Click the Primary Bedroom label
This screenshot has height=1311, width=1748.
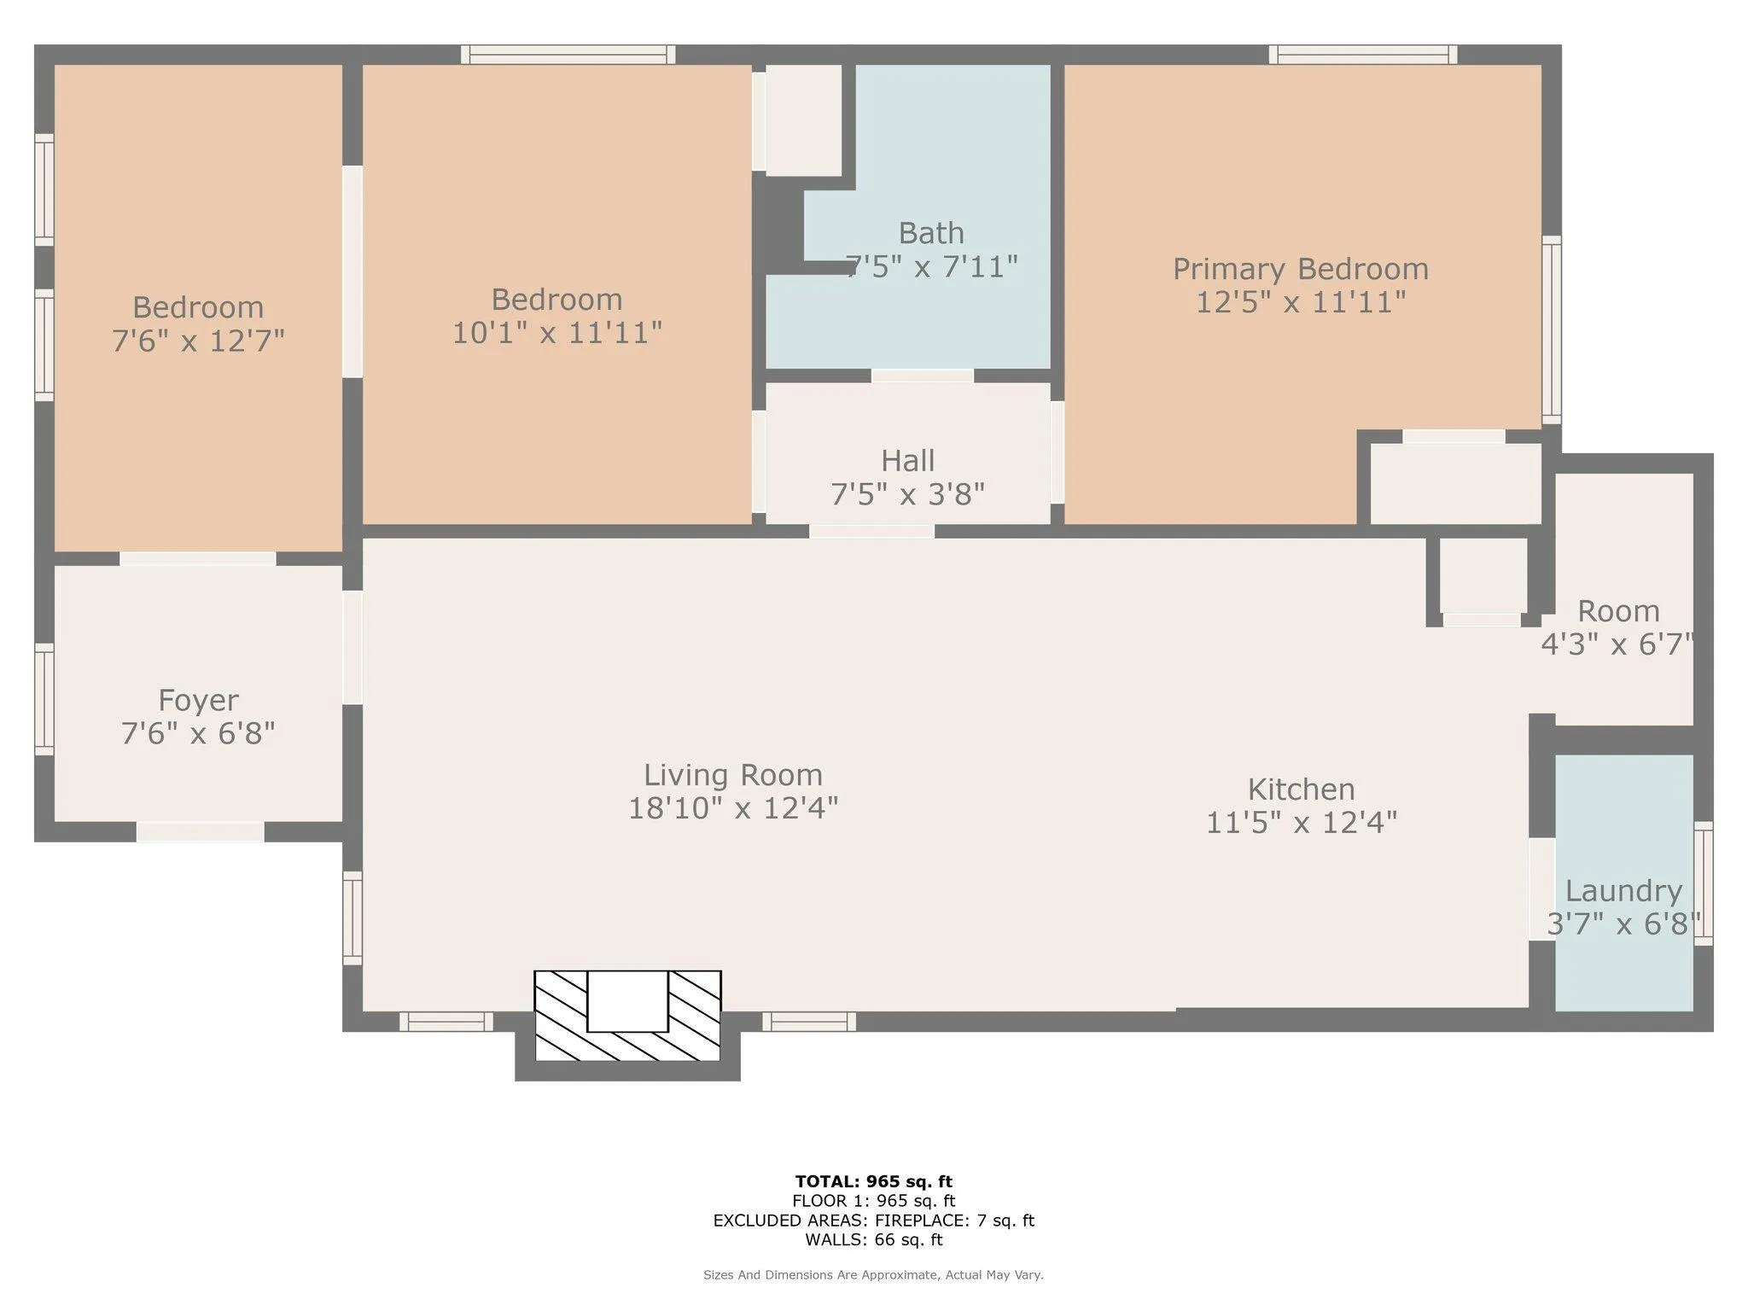[1300, 269]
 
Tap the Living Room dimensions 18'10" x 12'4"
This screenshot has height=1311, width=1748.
[733, 807]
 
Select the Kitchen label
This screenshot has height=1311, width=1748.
[1301, 789]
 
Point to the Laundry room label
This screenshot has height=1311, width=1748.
[1623, 891]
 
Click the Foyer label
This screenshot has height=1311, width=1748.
[198, 701]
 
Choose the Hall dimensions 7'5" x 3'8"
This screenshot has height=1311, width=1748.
[907, 494]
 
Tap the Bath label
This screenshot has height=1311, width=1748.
[931, 233]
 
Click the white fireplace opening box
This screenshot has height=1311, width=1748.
[627, 1001]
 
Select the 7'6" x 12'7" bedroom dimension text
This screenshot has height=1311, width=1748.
[198, 341]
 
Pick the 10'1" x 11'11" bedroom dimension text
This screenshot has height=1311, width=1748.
[556, 333]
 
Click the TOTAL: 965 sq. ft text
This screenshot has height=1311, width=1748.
[873, 1181]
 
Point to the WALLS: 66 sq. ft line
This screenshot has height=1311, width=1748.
[873, 1239]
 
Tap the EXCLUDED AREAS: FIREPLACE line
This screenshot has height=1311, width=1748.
[873, 1221]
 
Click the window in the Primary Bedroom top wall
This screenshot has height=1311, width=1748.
[1363, 55]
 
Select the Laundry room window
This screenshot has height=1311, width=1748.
[1703, 883]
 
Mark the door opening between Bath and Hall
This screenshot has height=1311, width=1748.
[923, 376]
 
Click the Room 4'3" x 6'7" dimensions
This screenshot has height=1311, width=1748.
[1617, 644]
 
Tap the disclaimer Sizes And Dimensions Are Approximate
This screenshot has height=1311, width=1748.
[873, 1275]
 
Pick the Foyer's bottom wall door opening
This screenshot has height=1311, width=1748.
[201, 831]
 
